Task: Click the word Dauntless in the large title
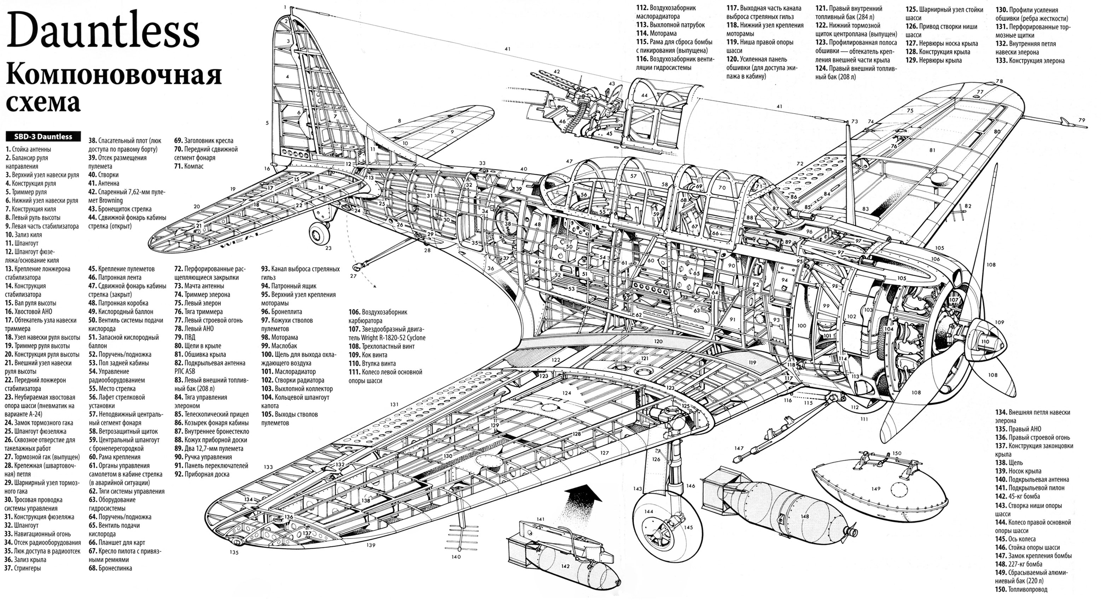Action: (103, 31)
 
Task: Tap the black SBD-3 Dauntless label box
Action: (43, 137)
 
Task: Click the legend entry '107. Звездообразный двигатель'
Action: (387, 333)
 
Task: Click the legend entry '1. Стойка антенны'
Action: (28, 149)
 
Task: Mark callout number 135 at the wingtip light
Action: (233, 552)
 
